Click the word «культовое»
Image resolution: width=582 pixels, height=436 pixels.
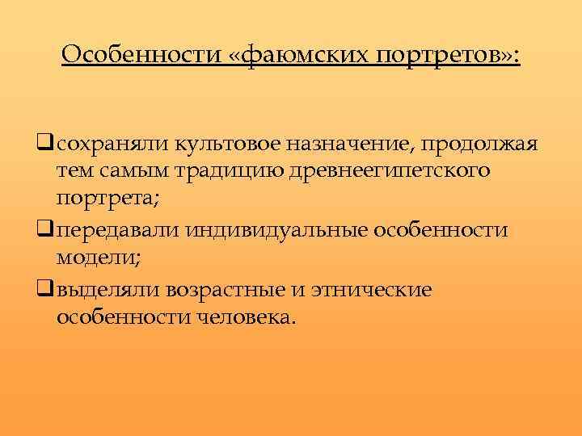point(208,144)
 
